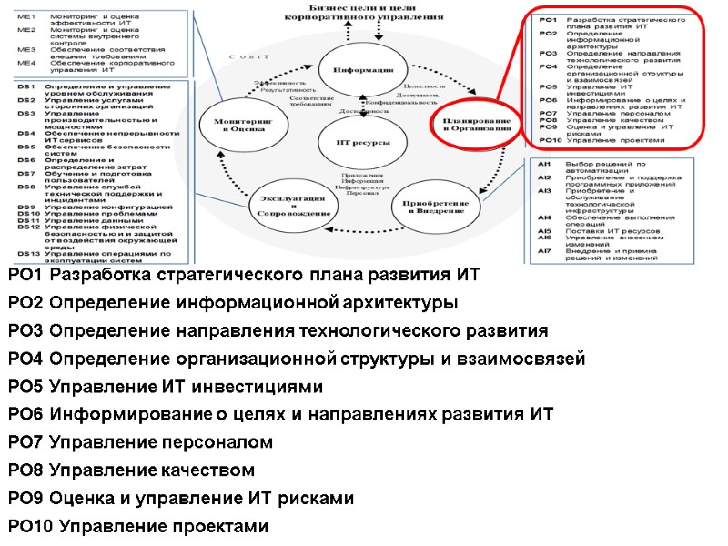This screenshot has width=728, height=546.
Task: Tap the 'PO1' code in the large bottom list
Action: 25,274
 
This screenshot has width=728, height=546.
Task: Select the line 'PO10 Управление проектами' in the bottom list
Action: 138,526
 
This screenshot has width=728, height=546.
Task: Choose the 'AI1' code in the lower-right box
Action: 544,164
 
